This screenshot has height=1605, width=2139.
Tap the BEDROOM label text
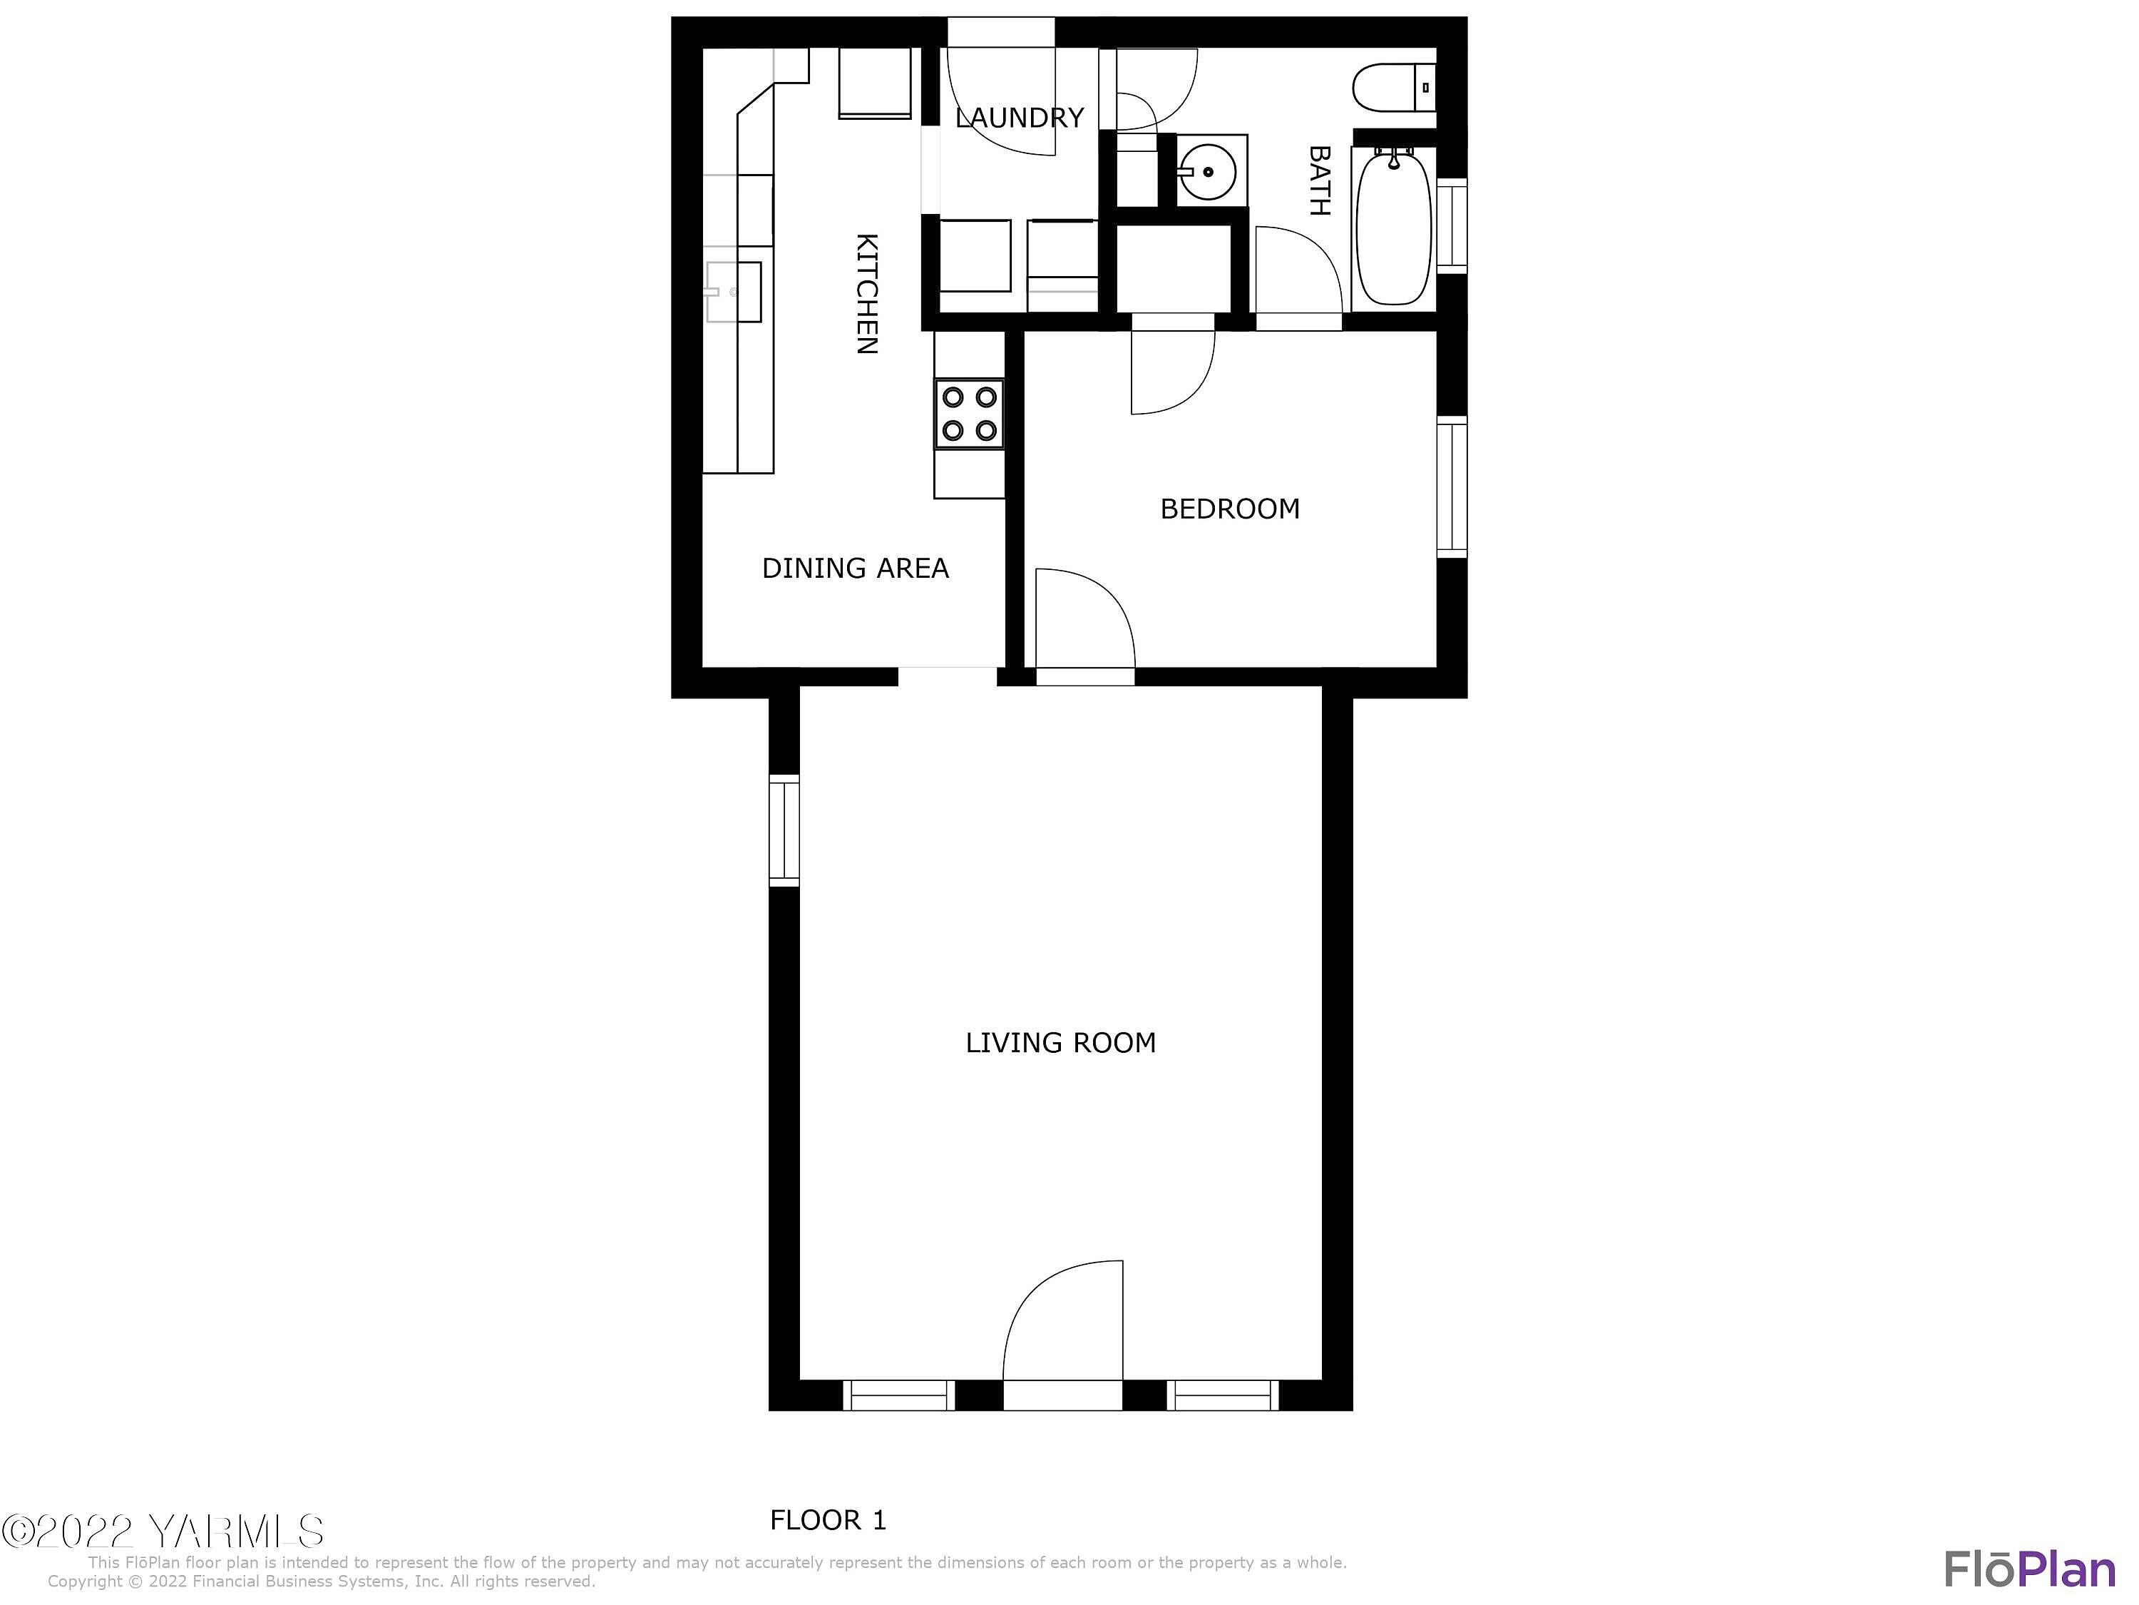pyautogui.click(x=1229, y=509)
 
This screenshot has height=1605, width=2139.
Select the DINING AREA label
pyautogui.click(x=855, y=568)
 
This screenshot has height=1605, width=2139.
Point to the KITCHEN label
pyautogui.click(x=868, y=294)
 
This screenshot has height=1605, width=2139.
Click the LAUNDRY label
pyautogui.click(x=1019, y=118)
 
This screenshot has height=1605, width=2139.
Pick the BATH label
pyautogui.click(x=1319, y=181)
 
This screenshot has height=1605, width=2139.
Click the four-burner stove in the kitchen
pyautogui.click(x=969, y=413)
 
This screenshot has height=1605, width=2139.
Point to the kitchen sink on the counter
pyautogui.click(x=733, y=291)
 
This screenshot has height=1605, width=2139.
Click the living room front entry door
pyautogui.click(x=1063, y=1335)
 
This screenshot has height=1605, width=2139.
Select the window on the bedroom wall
pyautogui.click(x=1452, y=486)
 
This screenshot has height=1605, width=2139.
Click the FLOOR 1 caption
pyautogui.click(x=828, y=1520)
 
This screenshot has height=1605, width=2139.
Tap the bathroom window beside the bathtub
pyautogui.click(x=1452, y=225)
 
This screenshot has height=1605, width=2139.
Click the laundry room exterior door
pyautogui.click(x=1001, y=87)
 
